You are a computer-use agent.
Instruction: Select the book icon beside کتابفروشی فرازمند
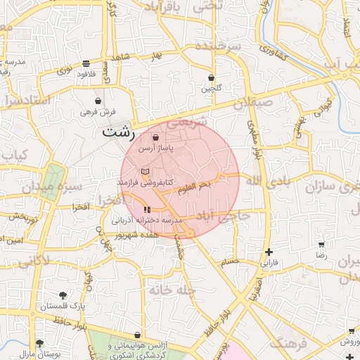tap(145, 172)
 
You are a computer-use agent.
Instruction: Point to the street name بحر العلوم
tap(195, 186)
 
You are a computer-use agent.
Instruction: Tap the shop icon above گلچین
tap(211, 77)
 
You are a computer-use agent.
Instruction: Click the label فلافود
tap(85, 73)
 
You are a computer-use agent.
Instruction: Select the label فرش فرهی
tap(97, 111)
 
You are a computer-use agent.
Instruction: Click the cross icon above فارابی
tap(269, 252)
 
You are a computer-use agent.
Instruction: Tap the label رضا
tap(321, 257)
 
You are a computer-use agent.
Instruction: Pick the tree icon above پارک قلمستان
tap(63, 295)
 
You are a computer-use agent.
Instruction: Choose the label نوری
tap(64, 70)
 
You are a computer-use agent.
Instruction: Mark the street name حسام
tap(230, 262)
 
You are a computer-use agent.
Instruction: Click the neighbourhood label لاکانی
tap(33, 262)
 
